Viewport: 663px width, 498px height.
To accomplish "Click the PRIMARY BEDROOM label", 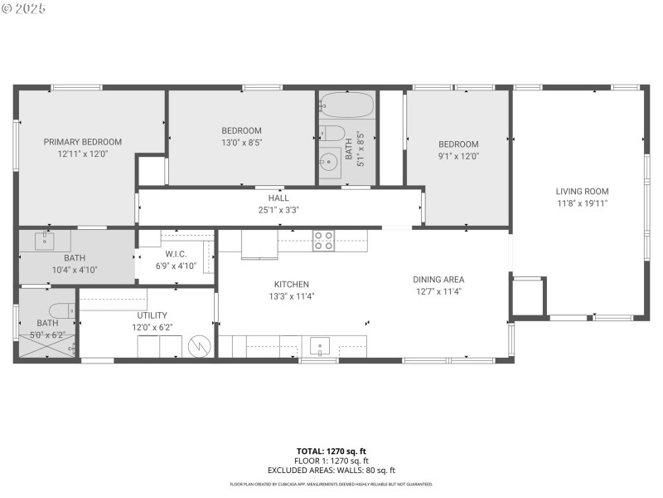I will tap(83, 142).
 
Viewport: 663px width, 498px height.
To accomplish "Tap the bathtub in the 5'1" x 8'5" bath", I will tap(346, 106).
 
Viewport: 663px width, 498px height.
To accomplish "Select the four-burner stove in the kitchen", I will tap(323, 241).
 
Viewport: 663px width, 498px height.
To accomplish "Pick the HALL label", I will tap(278, 198).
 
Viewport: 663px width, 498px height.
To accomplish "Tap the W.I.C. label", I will tap(176, 255).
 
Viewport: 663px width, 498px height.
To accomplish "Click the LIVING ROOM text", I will tap(582, 192).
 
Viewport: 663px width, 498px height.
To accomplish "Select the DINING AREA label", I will tap(438, 280).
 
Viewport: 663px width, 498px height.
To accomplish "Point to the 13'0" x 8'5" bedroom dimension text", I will tap(241, 143).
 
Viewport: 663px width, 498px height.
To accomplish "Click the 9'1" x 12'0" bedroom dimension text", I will tap(458, 156).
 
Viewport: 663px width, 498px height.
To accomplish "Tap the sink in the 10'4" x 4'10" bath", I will tap(46, 242).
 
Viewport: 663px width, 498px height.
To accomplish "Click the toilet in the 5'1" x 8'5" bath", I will tap(331, 133).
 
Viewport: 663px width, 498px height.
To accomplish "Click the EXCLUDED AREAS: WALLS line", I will tap(331, 471).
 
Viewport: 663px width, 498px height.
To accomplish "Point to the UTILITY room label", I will tap(152, 315).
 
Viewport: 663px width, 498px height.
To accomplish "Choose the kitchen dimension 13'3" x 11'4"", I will tap(291, 295).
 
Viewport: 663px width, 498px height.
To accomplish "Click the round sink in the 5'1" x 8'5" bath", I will tap(329, 162).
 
